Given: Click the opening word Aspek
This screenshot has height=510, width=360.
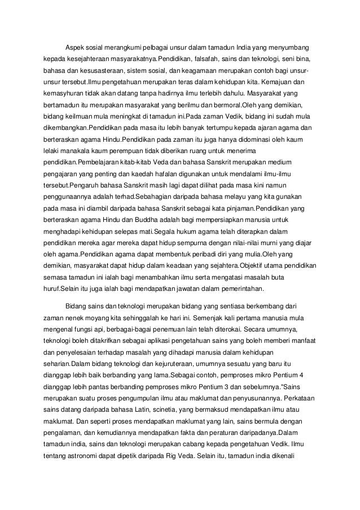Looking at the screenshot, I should coord(76,46).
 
